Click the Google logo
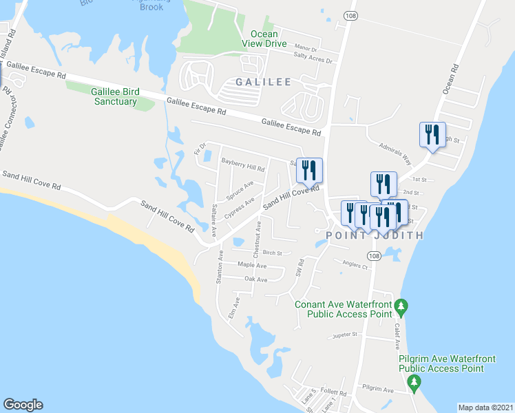(23, 405)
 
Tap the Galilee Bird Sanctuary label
(114, 96)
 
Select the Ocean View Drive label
(264, 39)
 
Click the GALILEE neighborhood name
(263, 82)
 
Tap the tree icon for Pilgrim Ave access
(414, 381)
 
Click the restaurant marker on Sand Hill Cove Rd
(309, 169)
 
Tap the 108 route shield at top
(351, 15)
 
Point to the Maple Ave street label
(251, 265)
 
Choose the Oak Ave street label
(255, 279)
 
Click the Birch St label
(272, 253)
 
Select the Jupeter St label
(346, 335)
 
